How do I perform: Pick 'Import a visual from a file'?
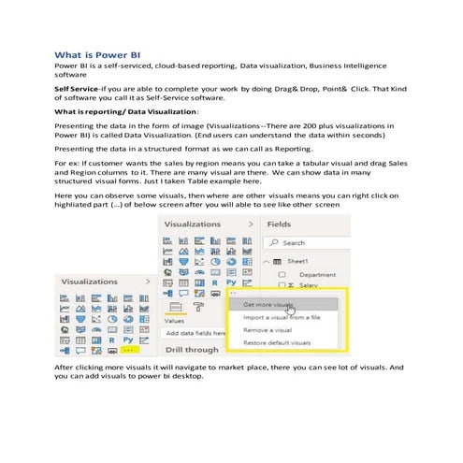click(281, 317)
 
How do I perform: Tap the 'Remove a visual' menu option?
click(268, 330)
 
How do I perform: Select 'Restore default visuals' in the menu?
click(277, 343)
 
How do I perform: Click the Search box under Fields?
click(309, 242)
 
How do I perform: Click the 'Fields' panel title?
click(279, 224)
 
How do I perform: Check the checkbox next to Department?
click(282, 275)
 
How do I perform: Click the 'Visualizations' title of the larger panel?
click(192, 224)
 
